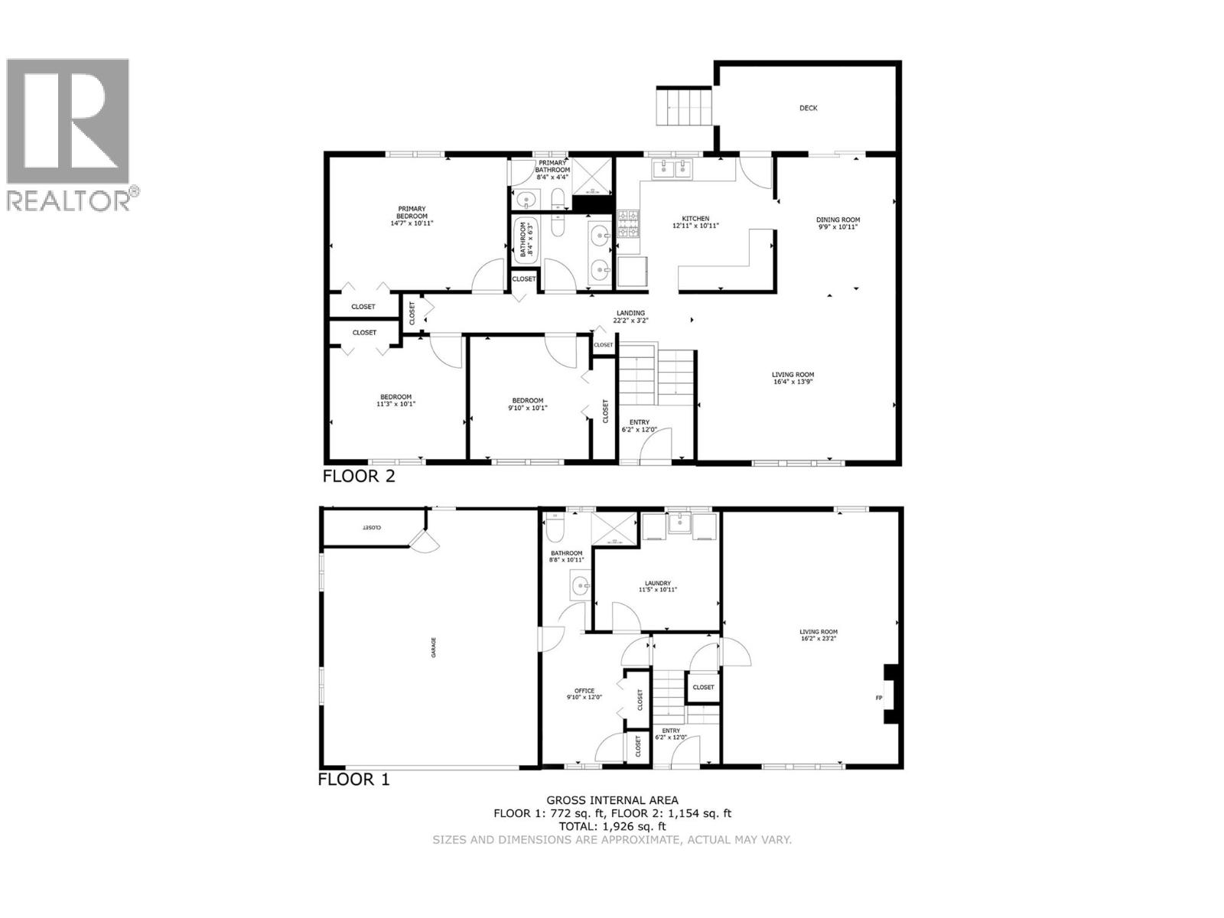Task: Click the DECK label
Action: (808, 109)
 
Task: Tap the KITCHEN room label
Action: (695, 219)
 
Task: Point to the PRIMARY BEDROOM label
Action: (412, 209)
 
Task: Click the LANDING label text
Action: (630, 313)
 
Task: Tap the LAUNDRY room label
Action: (657, 583)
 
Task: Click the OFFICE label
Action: (584, 692)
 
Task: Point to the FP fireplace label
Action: (878, 698)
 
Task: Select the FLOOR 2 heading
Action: (359, 477)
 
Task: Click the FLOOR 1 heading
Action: (353, 780)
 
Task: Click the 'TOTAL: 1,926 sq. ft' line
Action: (612, 826)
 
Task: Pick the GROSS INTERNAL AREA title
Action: (612, 801)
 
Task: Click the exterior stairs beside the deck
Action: (684, 107)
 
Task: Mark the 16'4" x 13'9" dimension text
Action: (792, 381)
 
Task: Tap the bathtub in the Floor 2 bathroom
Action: (526, 240)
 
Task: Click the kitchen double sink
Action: (671, 168)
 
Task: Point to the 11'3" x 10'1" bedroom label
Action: (396, 404)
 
